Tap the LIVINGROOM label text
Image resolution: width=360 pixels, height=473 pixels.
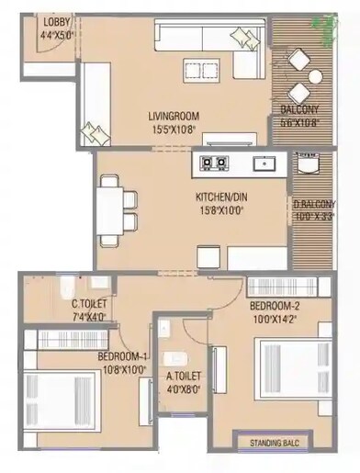174,116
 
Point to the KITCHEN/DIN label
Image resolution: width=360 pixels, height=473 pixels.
222,197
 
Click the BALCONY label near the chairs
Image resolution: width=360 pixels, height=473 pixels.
299,110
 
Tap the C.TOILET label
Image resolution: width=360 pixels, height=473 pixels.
90,304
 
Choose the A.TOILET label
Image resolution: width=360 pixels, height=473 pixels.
184,377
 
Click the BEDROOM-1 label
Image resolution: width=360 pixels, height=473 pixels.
122,355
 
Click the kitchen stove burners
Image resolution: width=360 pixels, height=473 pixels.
215,164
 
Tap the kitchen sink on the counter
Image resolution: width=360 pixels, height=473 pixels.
265,164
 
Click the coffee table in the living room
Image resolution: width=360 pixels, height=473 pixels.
196,70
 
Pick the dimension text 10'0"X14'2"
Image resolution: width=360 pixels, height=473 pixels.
276,320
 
